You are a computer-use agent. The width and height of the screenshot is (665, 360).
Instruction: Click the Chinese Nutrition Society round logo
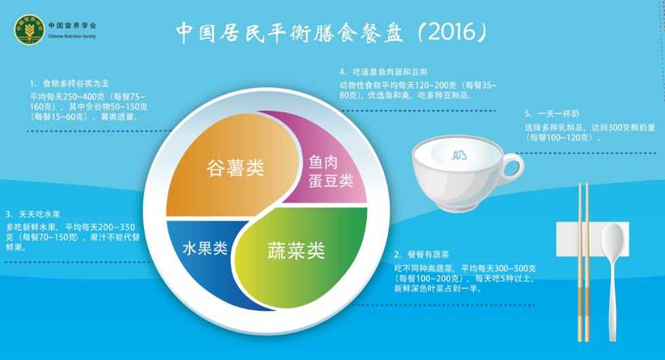click(x=29, y=30)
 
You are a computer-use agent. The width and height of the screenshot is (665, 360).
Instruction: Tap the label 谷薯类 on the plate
click(x=235, y=168)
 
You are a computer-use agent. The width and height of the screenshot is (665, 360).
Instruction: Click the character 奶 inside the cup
click(x=460, y=155)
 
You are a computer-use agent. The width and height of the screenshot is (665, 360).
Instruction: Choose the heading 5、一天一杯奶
click(x=552, y=113)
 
